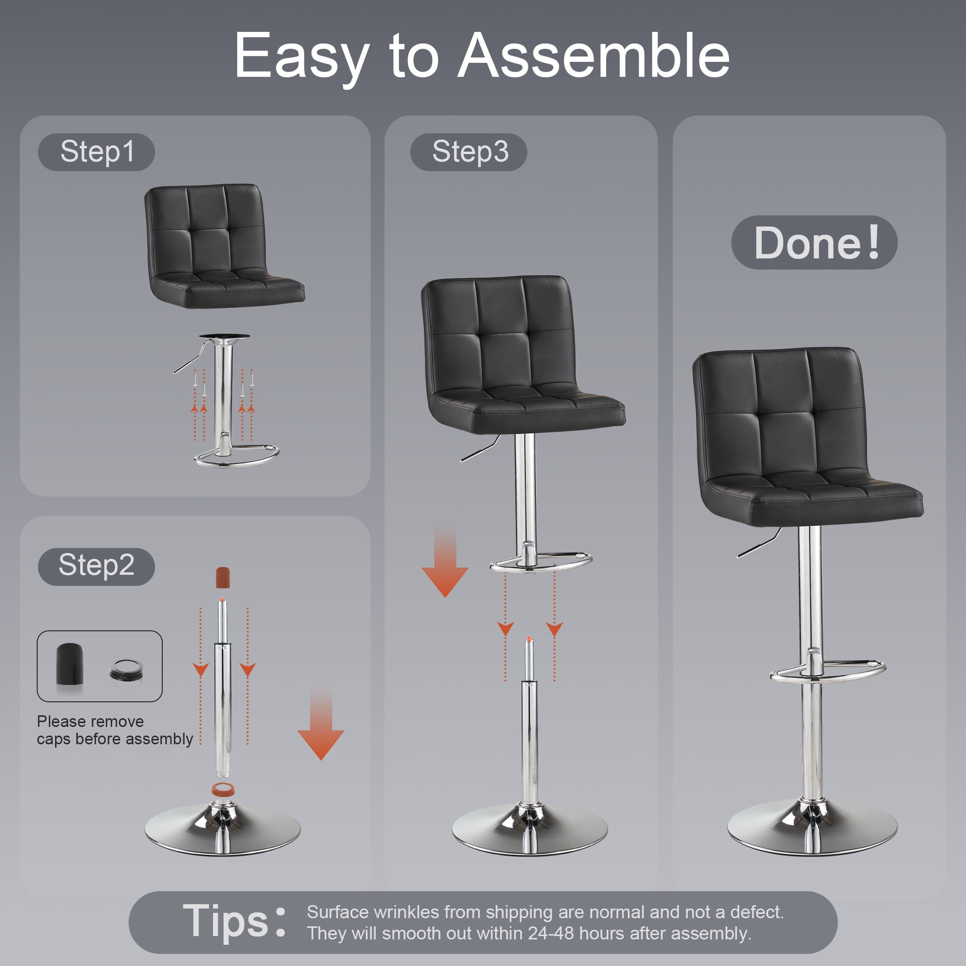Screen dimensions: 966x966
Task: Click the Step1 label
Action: click(97, 152)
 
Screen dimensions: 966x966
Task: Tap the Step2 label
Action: click(97, 566)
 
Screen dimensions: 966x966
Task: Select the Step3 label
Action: click(469, 152)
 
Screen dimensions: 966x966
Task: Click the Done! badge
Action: click(814, 242)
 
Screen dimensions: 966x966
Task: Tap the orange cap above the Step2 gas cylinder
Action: click(223, 577)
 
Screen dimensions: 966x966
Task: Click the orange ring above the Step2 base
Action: click(223, 790)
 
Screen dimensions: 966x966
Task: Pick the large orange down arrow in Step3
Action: click(445, 562)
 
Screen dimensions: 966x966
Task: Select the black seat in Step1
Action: click(225, 246)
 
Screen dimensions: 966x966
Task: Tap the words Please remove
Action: click(90, 722)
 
